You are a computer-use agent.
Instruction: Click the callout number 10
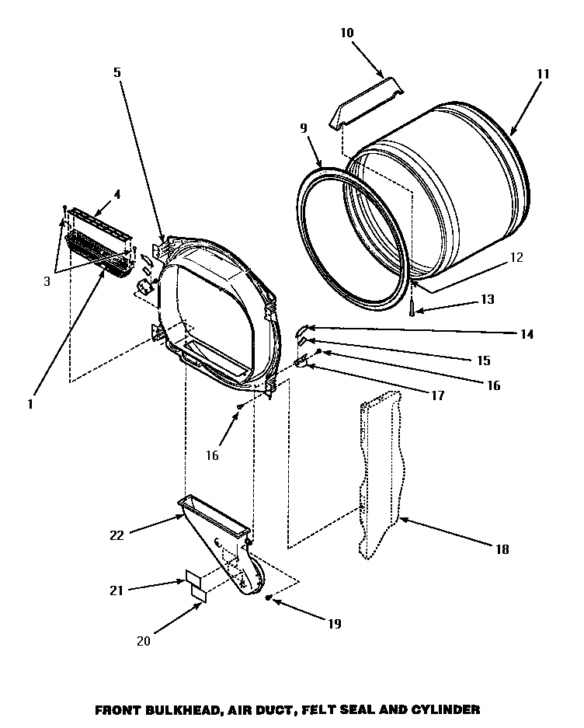[346, 33]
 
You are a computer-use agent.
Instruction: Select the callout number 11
[542, 75]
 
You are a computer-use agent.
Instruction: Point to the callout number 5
[117, 72]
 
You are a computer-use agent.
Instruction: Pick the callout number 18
[502, 549]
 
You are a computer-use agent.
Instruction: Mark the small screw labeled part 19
[269, 598]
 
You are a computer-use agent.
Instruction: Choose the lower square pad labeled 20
[200, 594]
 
